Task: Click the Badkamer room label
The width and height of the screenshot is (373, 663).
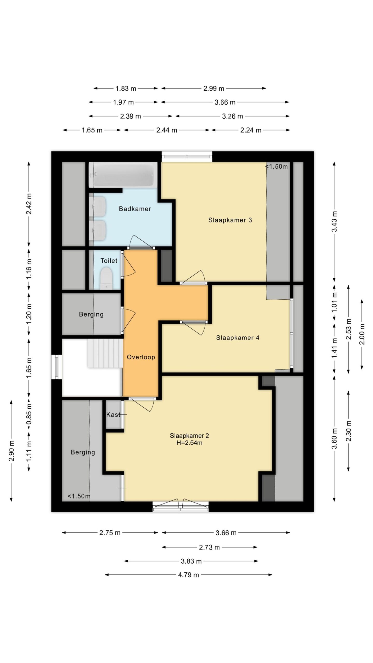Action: pyautogui.click(x=135, y=209)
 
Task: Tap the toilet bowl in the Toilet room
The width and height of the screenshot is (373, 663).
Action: pyautogui.click(x=106, y=278)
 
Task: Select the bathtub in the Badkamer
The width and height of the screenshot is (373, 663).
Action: pyautogui.click(x=123, y=175)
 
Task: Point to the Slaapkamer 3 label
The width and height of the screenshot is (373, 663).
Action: pyautogui.click(x=230, y=220)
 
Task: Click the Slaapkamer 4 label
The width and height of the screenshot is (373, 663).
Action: pyautogui.click(x=238, y=338)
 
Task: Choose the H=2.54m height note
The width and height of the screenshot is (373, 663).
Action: pyautogui.click(x=189, y=443)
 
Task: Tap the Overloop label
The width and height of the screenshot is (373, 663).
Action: pyautogui.click(x=141, y=357)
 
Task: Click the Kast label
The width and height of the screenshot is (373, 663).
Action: pyautogui.click(x=113, y=415)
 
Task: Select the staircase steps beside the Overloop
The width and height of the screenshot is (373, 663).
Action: pyautogui.click(x=105, y=353)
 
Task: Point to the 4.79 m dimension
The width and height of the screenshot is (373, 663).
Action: pyautogui.click(x=189, y=575)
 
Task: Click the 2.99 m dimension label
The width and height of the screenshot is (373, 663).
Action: pyautogui.click(x=214, y=89)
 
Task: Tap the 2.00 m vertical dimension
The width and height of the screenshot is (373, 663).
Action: pyautogui.click(x=362, y=334)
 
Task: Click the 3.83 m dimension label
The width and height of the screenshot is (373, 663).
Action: pyautogui.click(x=191, y=561)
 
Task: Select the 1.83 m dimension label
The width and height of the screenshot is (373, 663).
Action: pyautogui.click(x=126, y=89)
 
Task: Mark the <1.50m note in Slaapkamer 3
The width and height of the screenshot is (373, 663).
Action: pyautogui.click(x=277, y=167)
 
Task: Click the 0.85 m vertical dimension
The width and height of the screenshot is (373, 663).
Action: pyautogui.click(x=29, y=414)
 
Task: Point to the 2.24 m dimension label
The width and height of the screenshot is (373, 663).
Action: pyautogui.click(x=251, y=130)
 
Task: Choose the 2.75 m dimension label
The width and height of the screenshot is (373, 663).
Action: pyautogui.click(x=110, y=533)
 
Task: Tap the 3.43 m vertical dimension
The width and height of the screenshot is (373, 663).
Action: pyautogui.click(x=334, y=221)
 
